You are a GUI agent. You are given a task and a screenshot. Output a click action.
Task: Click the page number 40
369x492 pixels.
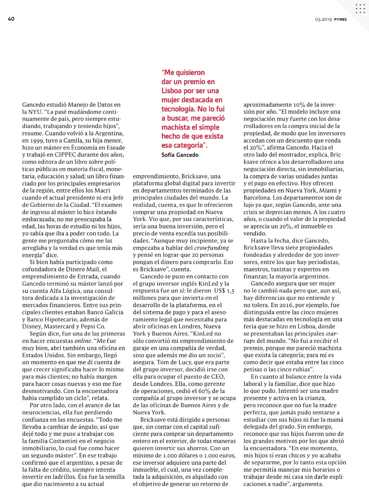pos(11,19)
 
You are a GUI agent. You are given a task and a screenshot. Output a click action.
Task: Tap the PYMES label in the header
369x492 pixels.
pos(340,19)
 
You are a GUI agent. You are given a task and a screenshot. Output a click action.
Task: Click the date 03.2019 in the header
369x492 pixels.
pos(323,19)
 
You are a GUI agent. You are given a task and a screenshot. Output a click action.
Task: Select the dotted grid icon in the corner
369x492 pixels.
pos(360,9)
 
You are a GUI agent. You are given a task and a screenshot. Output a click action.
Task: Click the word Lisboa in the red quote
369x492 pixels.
pos(171,91)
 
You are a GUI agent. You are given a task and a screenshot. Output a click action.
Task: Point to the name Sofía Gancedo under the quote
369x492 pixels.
pos(180,155)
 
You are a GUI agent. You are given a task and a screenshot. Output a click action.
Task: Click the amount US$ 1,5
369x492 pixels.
pos(224,291)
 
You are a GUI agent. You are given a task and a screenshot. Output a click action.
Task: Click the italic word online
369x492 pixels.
pos(83,341)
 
